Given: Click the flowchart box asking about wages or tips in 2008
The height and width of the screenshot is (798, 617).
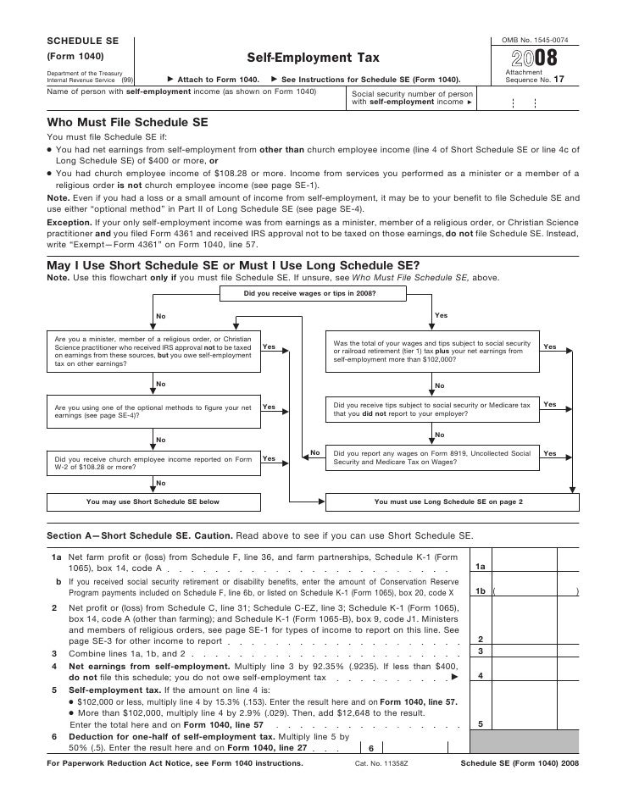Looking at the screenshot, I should pyautogui.click(x=309, y=295).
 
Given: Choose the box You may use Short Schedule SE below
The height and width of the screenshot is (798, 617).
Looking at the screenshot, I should pyautogui.click(x=153, y=502).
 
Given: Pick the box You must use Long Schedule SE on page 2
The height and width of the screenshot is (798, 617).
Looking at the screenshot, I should pyautogui.click(x=448, y=502).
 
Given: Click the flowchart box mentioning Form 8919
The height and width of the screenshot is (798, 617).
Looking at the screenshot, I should pyautogui.click(x=432, y=457).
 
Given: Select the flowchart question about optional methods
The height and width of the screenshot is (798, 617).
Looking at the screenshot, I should pyautogui.click(x=153, y=411).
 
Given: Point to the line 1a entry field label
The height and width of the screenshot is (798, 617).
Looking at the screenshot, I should pyautogui.click(x=480, y=567).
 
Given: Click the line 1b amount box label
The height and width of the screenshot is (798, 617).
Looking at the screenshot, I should pyautogui.click(x=480, y=592).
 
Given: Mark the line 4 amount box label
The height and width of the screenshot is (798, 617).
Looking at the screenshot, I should pyautogui.click(x=480, y=676).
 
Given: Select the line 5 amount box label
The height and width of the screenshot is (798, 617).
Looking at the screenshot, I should pyautogui.click(x=480, y=724).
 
